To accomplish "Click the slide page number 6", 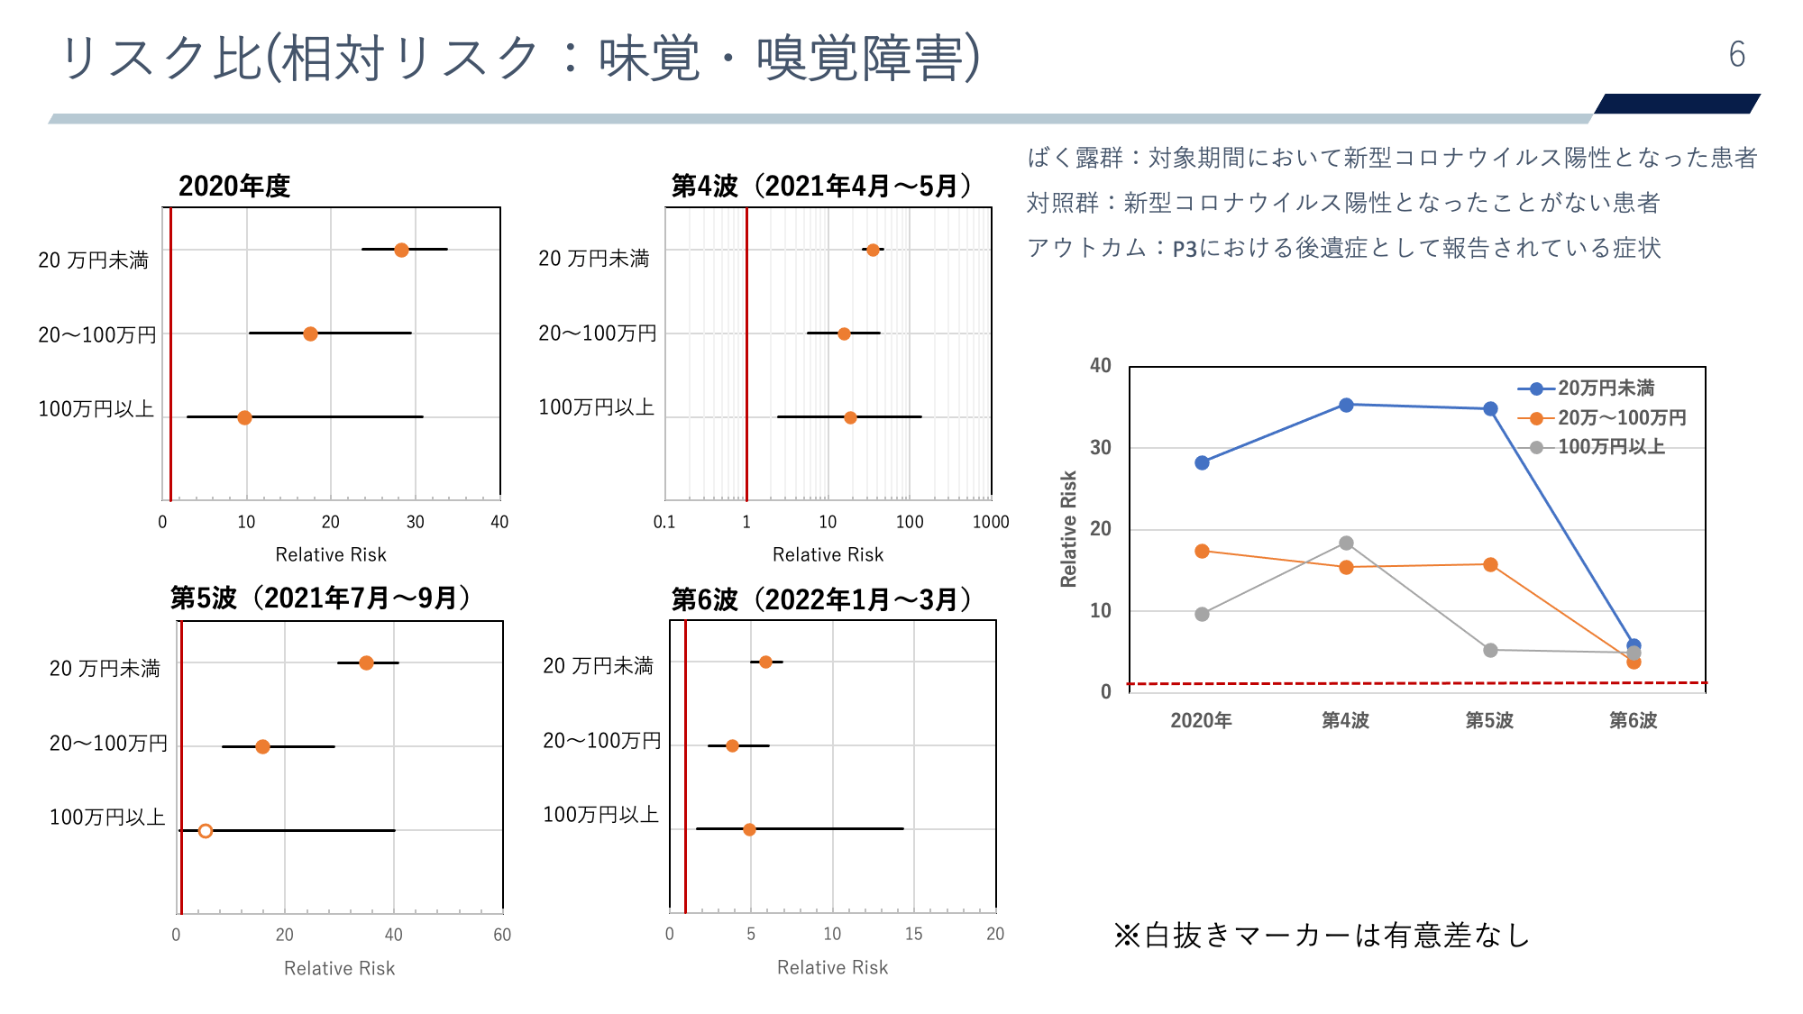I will coord(1736,55).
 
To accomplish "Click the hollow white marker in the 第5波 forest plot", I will coord(206,830).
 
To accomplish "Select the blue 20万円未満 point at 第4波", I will coord(1346,405).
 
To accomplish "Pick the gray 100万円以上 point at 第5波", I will coord(1490,650).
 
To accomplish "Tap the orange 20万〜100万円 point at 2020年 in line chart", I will coord(1202,551).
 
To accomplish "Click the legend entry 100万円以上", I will coord(1610,447).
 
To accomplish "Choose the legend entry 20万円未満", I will coord(1606,388).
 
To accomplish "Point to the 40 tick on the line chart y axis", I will coord(1100,366).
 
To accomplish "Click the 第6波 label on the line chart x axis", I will coord(1633,720).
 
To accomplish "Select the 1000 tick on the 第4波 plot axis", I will coord(990,522).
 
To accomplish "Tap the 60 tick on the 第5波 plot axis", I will coord(502,935).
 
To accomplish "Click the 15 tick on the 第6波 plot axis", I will coord(913,934).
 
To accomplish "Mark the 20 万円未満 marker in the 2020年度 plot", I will coord(401,250).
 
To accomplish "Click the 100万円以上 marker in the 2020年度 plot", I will coord(244,417).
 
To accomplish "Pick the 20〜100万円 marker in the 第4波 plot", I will coord(844,333).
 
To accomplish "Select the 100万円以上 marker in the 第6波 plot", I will coord(749,829).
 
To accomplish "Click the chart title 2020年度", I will coord(234,187).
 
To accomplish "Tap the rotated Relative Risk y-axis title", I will coord(1069,529).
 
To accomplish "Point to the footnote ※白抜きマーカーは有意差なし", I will coord(1322,936).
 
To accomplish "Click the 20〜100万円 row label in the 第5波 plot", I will coord(108,744).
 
